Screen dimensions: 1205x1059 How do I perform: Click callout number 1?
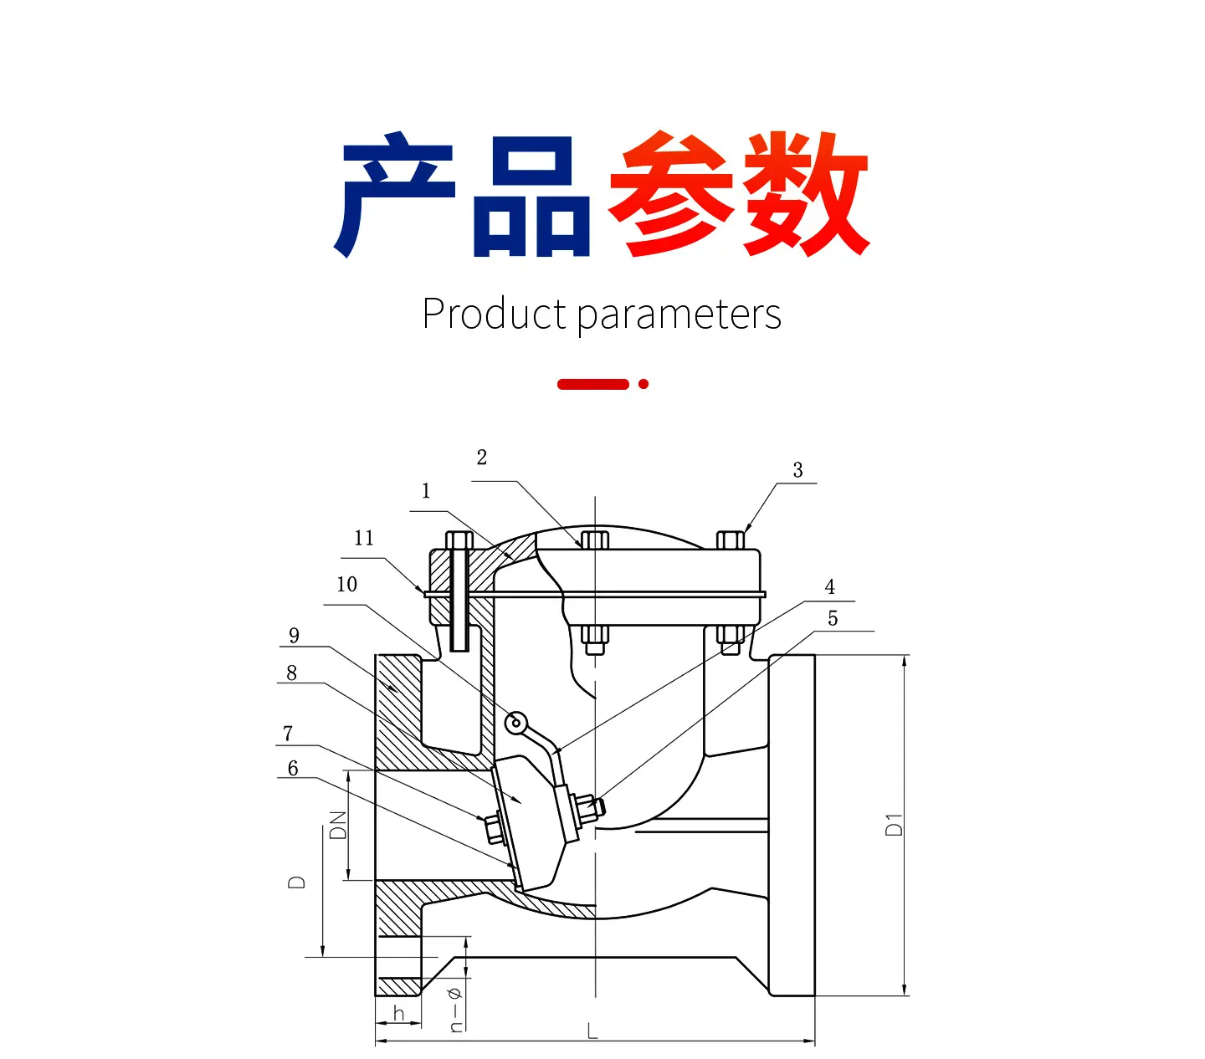tap(426, 490)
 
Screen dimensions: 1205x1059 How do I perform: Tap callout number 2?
tap(482, 458)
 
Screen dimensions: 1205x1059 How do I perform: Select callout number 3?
tap(797, 470)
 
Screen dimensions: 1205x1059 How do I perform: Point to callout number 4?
tap(830, 587)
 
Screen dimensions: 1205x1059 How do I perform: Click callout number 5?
tap(833, 618)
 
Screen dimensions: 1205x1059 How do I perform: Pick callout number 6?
tap(293, 768)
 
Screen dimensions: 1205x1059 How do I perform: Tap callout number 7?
tap(288, 733)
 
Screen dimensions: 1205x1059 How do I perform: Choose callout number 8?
tap(291, 673)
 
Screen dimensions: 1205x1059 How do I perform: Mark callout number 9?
tap(294, 635)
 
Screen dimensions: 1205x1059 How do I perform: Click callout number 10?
tap(346, 584)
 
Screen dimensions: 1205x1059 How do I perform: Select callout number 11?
tap(364, 538)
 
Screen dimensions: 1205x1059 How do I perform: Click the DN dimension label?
tap(338, 826)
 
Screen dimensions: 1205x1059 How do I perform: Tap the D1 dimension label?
tap(894, 825)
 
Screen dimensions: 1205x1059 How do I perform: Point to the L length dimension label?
tap(592, 1031)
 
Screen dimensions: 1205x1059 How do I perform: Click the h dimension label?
tap(398, 1013)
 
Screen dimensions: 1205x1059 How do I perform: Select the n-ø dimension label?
tap(455, 1010)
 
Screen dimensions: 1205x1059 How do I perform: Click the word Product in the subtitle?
tap(494, 314)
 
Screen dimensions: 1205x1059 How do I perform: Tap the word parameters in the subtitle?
tap(679, 316)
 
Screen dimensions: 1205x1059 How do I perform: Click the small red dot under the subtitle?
tap(643, 384)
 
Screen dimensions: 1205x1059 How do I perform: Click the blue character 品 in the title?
tap(531, 197)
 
